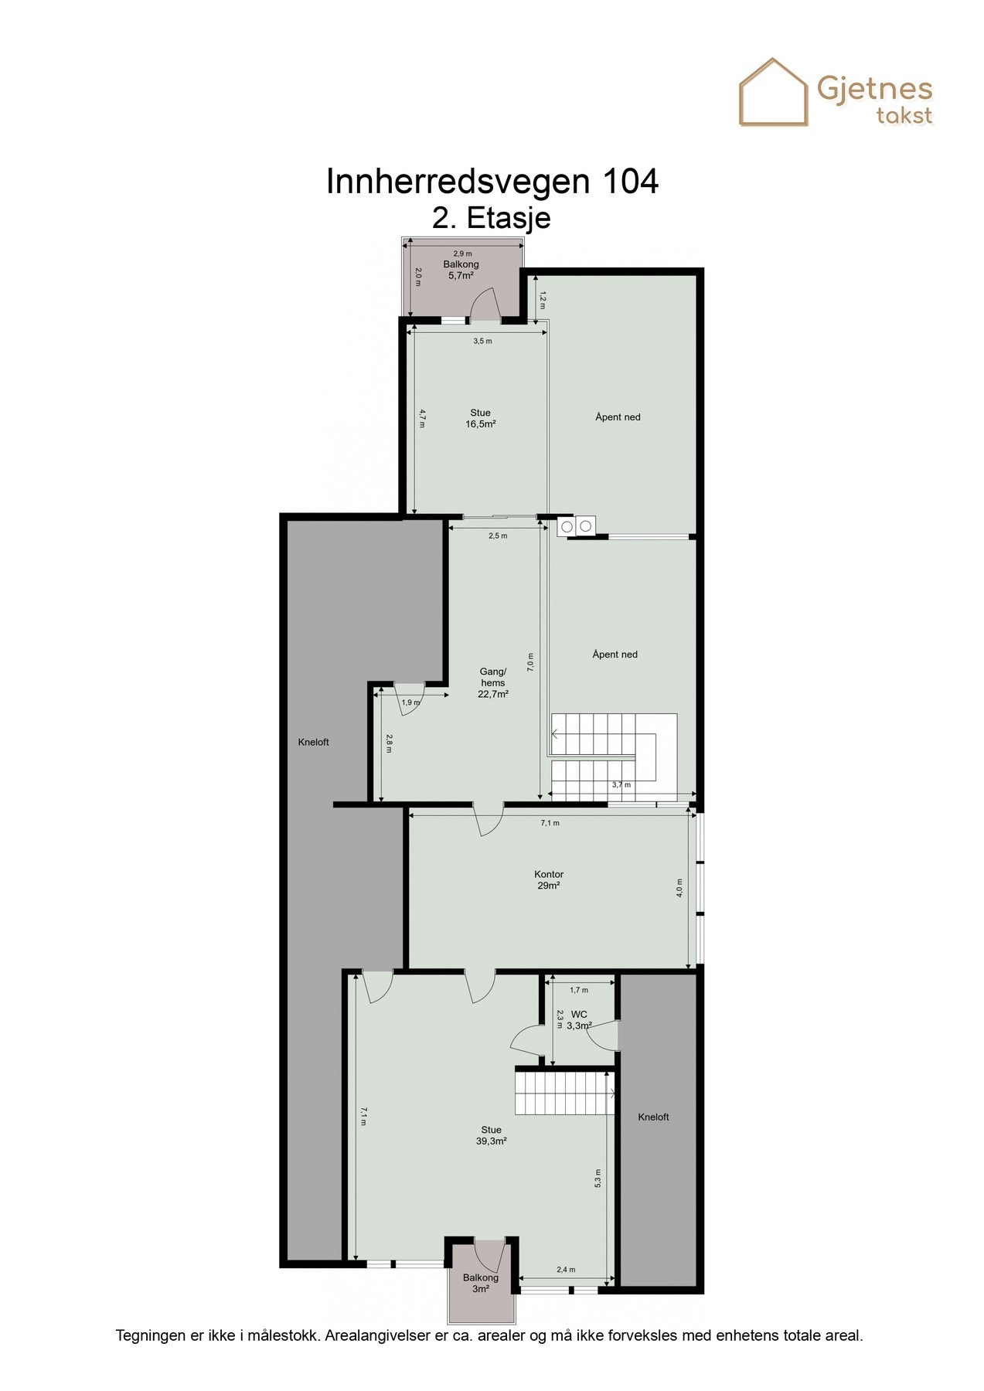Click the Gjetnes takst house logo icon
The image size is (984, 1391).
[773, 93]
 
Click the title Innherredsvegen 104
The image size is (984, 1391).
[492, 182]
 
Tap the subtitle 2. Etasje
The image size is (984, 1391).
[492, 218]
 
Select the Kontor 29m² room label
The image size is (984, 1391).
[549, 880]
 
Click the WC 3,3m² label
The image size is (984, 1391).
[579, 1020]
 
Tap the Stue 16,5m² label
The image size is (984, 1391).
[480, 418]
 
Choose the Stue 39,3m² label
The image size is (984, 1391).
[491, 1135]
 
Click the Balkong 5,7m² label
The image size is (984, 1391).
[461, 270]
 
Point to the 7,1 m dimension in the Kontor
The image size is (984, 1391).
[550, 823]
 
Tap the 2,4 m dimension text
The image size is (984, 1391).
[567, 1270]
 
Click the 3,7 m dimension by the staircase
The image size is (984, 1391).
[621, 785]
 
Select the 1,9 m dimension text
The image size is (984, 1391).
[411, 702]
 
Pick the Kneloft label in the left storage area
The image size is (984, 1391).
[313, 742]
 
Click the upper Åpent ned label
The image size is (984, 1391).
[618, 417]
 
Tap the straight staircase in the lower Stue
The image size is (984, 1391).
[564, 1092]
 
